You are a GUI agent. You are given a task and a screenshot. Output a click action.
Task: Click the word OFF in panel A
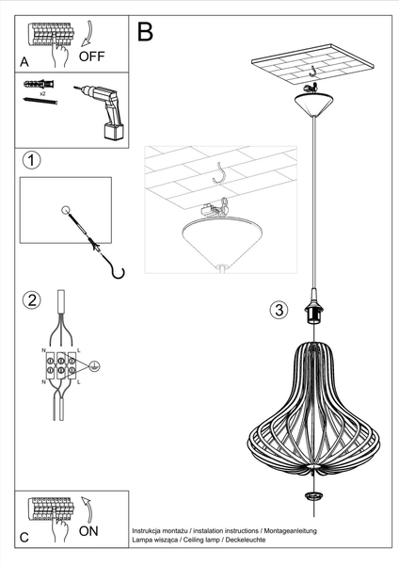[91, 56]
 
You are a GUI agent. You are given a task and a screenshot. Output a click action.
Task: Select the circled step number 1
[32, 159]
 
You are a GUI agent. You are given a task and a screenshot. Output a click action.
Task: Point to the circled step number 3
[278, 309]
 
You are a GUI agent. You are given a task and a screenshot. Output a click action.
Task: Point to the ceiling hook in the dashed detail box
[222, 172]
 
